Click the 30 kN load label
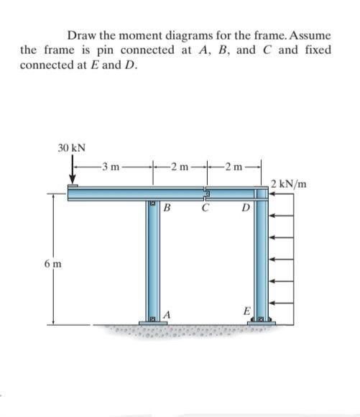point(71,147)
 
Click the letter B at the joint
point(167,209)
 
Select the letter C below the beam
point(206,209)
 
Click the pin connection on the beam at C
point(206,194)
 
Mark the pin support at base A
point(153,319)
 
